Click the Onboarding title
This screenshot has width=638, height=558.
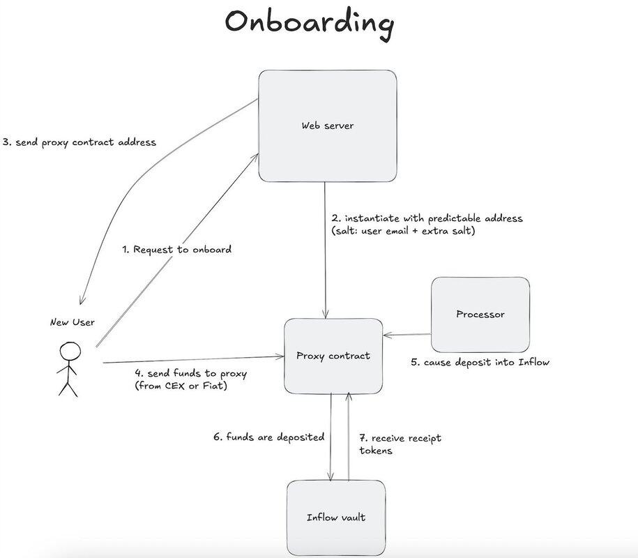pos(309,22)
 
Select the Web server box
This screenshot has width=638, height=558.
pos(327,126)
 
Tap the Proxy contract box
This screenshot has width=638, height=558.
pos(333,356)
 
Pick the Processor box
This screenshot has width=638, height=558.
pos(480,314)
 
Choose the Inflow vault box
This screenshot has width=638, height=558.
pos(336,517)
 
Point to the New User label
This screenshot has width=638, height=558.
pos(73,322)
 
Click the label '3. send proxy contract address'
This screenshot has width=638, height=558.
pos(79,142)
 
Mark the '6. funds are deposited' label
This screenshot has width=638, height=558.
pos(268,437)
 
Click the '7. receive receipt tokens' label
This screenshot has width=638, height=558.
pos(400,444)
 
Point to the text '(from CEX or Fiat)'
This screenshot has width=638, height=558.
pos(181,386)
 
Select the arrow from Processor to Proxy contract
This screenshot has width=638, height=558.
pos(408,335)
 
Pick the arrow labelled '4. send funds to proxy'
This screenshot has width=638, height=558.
pos(195,361)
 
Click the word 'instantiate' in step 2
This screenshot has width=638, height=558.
pos(374,218)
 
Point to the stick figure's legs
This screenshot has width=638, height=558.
pos(68,387)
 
